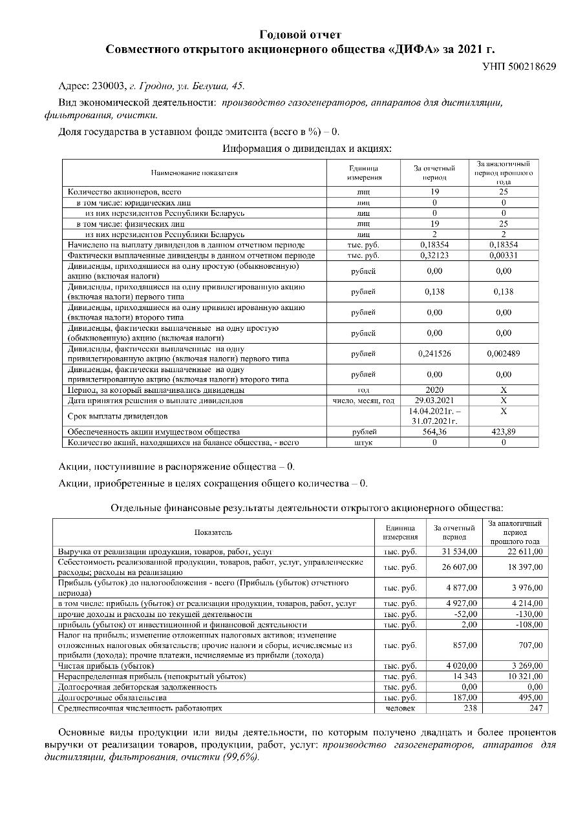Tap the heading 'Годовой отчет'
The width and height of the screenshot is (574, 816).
click(x=301, y=34)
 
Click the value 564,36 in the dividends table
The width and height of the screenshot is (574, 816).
click(x=434, y=432)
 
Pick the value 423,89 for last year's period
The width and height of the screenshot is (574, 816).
click(x=504, y=432)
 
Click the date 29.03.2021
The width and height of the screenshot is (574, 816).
click(x=434, y=401)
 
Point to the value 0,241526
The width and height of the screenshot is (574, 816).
click(x=434, y=353)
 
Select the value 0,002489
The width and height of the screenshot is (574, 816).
click(x=504, y=353)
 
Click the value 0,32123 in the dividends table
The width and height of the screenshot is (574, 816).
click(x=434, y=255)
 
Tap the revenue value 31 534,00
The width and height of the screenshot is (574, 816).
click(x=460, y=551)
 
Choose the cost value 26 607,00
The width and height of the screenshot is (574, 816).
click(x=460, y=567)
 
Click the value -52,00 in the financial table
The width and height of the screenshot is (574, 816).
click(x=465, y=614)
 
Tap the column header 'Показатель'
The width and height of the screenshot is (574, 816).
click(x=213, y=532)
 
